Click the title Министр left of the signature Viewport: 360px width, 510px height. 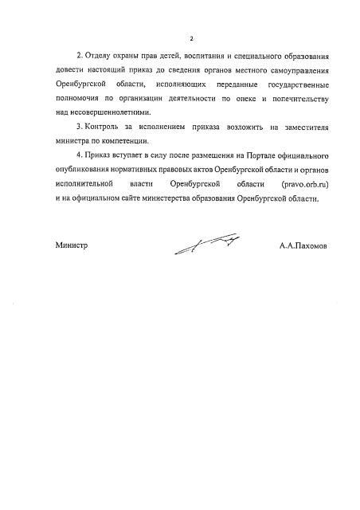[71, 246]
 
